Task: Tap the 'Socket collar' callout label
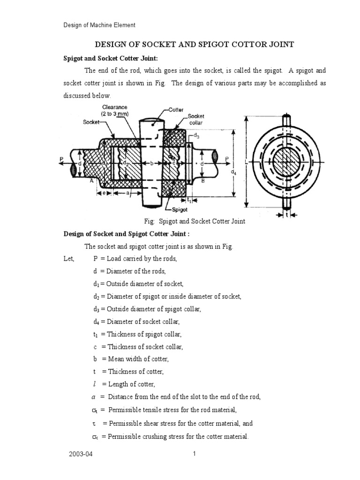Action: coord(196,119)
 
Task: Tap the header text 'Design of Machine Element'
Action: coord(99,25)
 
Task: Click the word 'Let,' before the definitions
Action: coord(69,258)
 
